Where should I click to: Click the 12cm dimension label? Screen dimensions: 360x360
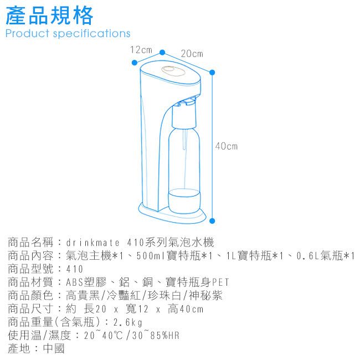tap(141, 50)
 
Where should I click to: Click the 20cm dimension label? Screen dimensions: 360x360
tap(192, 54)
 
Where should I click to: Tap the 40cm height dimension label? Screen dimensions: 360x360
tap(227, 146)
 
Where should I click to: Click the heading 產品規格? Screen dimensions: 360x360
tap(49, 16)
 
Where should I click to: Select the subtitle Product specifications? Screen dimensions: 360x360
tap(68, 34)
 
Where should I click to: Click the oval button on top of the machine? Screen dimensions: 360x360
tap(173, 71)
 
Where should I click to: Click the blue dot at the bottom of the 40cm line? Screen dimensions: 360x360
tap(212, 221)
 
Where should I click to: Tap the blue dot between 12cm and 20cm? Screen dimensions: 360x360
tap(162, 53)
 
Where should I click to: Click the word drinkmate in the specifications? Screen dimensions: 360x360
tap(93, 243)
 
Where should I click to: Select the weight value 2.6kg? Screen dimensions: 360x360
tap(128, 322)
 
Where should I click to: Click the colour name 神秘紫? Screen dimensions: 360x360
tap(205, 296)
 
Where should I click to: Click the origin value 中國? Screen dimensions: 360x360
tap(54, 348)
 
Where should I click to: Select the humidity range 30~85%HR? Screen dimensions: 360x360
tap(156, 336)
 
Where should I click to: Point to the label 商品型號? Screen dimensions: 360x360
tap(30, 269)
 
